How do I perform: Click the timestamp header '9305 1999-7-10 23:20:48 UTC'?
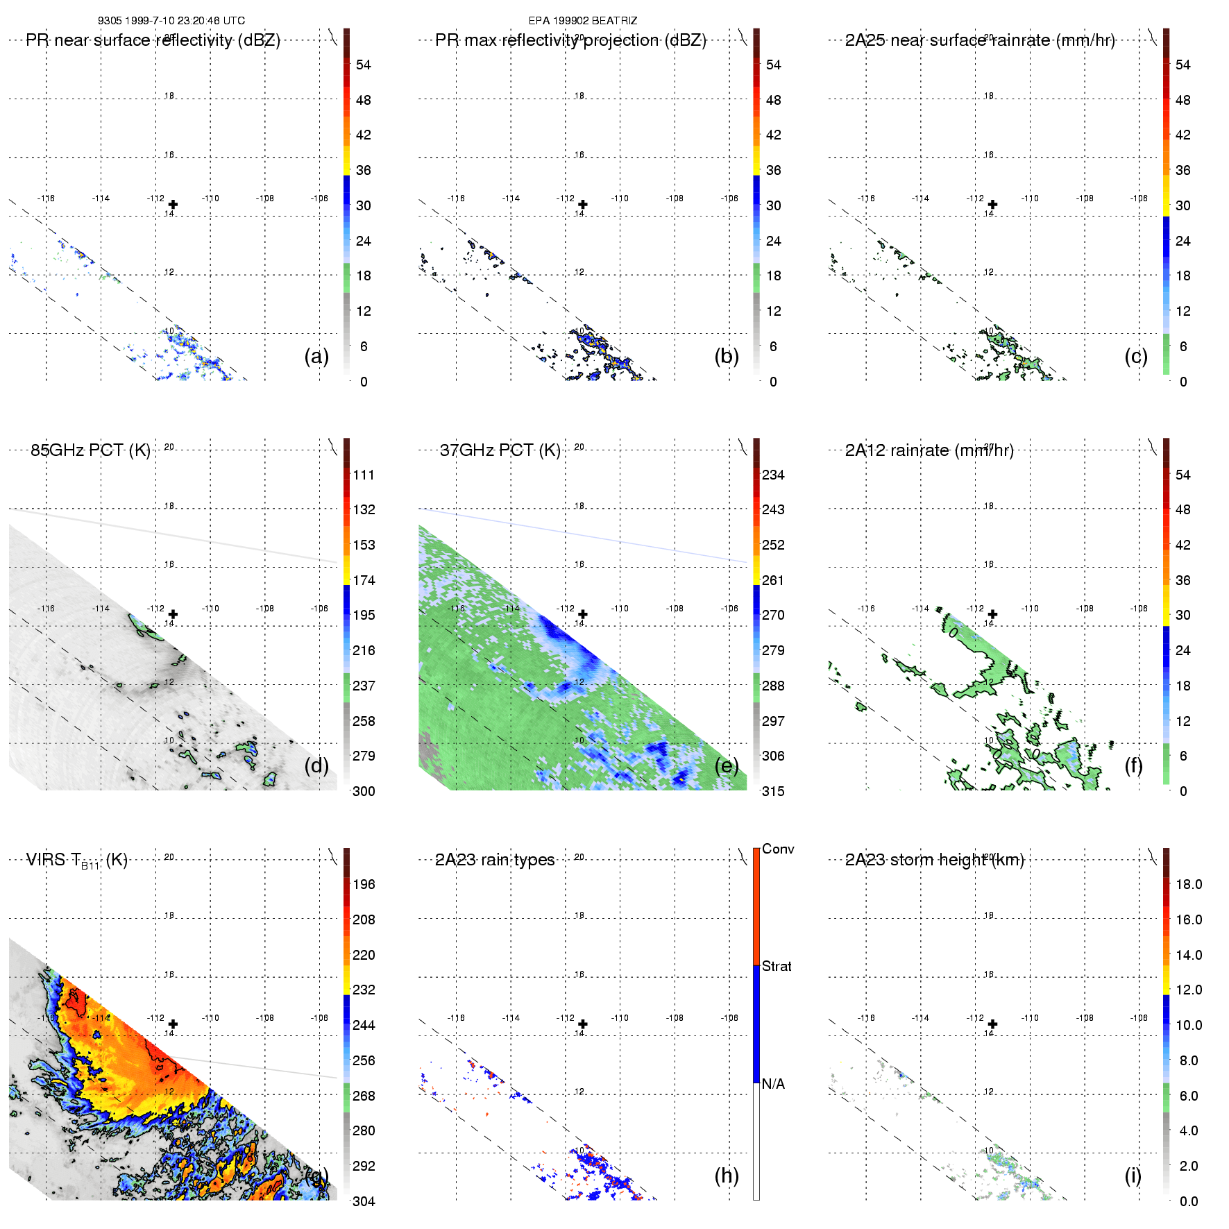coord(171,21)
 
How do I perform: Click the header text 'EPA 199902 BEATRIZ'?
coord(582,21)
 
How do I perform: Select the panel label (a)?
coord(316,357)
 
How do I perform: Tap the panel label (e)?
coord(727,766)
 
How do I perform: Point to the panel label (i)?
coord(1133,1176)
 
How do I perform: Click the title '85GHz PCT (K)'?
coord(90,450)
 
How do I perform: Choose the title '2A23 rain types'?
coord(494,860)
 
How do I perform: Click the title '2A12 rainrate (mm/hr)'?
coord(929,450)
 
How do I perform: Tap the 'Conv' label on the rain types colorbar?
coord(778,849)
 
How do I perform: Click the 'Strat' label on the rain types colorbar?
coord(777,966)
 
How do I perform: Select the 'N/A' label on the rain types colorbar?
coord(773,1084)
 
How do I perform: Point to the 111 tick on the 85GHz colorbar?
coord(364,475)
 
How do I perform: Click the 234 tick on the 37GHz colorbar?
coord(773,475)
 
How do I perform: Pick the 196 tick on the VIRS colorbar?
coord(364,885)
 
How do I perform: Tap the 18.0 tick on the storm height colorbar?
coord(1188,885)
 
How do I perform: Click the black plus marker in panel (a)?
coord(173,205)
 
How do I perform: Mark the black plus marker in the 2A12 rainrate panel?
coord(992,614)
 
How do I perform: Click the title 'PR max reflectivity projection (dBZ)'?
coord(570,40)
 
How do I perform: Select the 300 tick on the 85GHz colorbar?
coord(364,791)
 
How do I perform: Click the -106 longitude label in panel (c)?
coord(1139,198)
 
